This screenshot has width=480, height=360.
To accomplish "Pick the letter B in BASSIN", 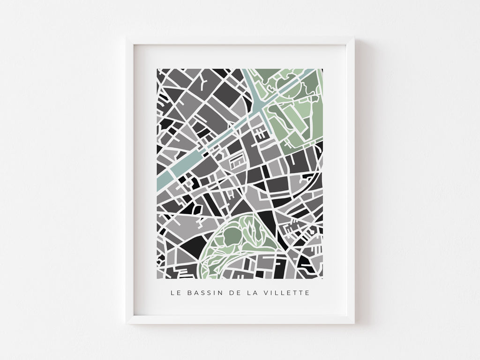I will click(x=189, y=293).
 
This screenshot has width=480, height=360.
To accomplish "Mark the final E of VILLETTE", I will click(x=307, y=293).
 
